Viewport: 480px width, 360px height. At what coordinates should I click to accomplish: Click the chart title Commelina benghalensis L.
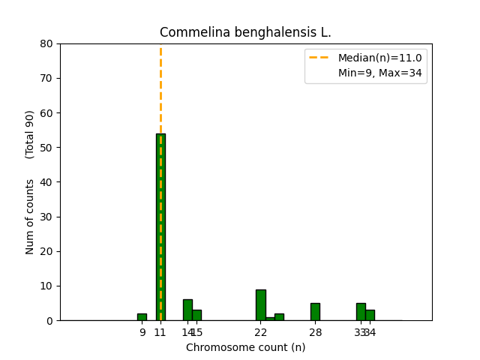pos(245,32)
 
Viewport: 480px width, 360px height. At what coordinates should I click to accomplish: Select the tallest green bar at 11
pos(160,225)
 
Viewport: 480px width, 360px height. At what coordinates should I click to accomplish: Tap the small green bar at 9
pos(142,316)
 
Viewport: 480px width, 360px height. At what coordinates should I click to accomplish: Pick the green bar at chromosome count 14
pos(187,310)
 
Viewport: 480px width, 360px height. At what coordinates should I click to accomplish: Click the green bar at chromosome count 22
pos(260,304)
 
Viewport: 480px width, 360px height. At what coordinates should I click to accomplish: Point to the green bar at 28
pos(315,311)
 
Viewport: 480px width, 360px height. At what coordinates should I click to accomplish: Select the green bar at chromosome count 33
pos(361,311)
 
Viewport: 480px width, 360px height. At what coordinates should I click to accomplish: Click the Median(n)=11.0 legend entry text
pos(379,58)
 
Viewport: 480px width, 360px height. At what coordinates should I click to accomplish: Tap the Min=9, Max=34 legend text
pos(379,73)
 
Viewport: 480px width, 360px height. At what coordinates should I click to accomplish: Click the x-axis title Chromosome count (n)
pos(245,347)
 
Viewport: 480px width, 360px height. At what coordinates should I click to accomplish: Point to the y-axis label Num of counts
pos(30,217)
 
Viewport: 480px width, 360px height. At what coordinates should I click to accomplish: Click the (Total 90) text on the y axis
pos(30,134)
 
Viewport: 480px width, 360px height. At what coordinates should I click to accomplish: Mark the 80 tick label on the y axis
pos(46,43)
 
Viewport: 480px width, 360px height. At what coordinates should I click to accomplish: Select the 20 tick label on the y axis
pos(46,251)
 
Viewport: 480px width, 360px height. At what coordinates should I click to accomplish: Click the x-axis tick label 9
pos(142,332)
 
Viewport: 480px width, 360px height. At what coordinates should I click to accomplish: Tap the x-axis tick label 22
pos(260,332)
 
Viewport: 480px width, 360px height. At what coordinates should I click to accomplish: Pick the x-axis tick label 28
pos(315,332)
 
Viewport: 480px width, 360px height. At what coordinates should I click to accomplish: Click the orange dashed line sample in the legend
pos(319,58)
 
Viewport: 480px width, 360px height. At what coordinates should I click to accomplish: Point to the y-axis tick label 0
pos(49,321)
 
